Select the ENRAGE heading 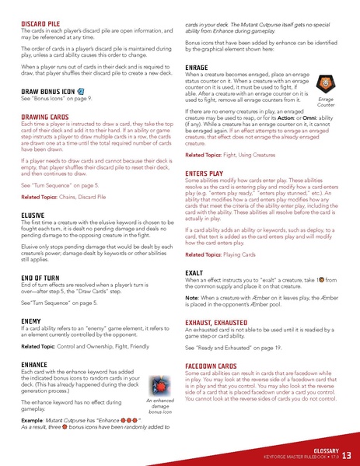tap(196, 68)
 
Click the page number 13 tap(347, 454)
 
